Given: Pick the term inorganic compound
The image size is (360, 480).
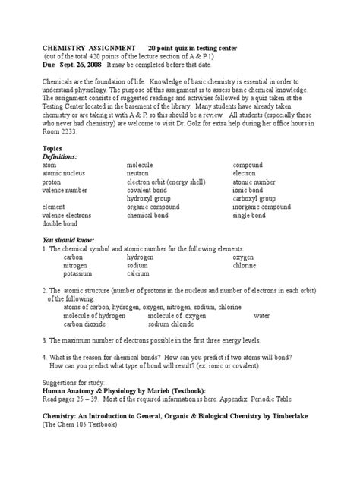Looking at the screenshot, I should tap(263, 206).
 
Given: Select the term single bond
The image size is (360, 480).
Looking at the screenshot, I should tap(250, 215).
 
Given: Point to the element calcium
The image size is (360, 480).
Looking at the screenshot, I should tap(139, 274).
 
